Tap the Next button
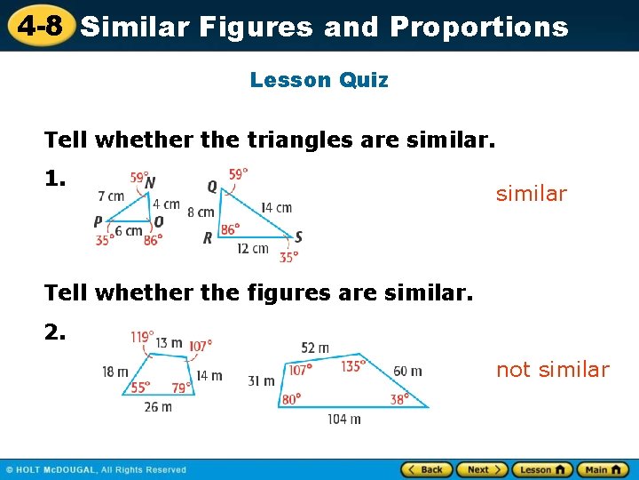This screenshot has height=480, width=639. [483, 469]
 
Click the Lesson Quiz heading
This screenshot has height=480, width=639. [319, 80]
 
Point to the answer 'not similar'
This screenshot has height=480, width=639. [552, 370]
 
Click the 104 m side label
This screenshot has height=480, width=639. [344, 419]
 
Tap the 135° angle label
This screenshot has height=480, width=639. [353, 365]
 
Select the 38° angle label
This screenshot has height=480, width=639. [399, 399]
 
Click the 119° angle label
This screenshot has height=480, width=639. [141, 338]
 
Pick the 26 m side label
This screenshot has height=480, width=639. [158, 406]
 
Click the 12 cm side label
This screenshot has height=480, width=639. [253, 249]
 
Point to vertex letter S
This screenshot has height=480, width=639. [298, 236]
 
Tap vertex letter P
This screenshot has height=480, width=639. [98, 222]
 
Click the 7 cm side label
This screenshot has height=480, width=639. [111, 196]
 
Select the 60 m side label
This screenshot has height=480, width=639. [407, 371]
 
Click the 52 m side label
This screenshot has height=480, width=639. [315, 348]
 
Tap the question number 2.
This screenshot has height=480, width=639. [55, 332]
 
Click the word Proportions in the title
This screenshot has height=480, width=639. [478, 27]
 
